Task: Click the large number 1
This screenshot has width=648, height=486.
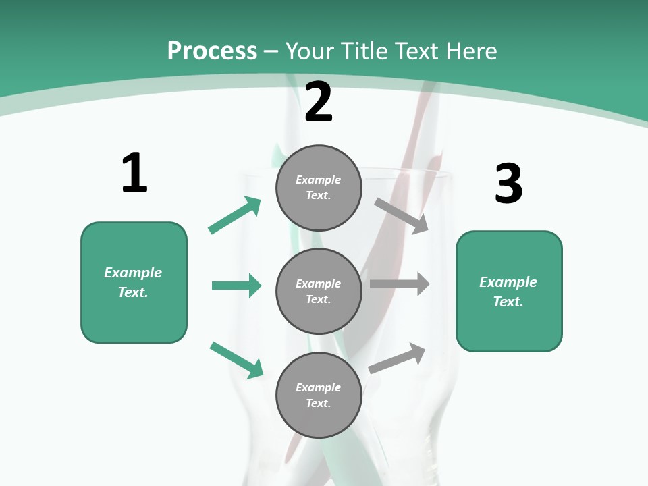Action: pyautogui.click(x=134, y=173)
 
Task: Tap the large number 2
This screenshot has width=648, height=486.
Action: pyautogui.click(x=319, y=102)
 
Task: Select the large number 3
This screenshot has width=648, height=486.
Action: pyautogui.click(x=508, y=184)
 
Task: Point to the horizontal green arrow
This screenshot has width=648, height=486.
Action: pyautogui.click(x=236, y=286)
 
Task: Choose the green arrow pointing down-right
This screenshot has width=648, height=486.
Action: pyautogui.click(x=236, y=360)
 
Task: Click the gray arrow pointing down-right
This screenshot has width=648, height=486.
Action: pyautogui.click(x=402, y=215)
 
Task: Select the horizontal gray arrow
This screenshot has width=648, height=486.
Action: pyautogui.click(x=400, y=284)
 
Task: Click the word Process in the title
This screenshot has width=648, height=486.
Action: pyautogui.click(x=212, y=51)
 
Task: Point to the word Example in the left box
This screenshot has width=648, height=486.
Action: pyautogui.click(x=133, y=273)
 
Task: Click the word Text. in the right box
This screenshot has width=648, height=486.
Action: pyautogui.click(x=508, y=302)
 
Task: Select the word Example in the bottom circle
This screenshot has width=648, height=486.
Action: pyautogui.click(x=318, y=387)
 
